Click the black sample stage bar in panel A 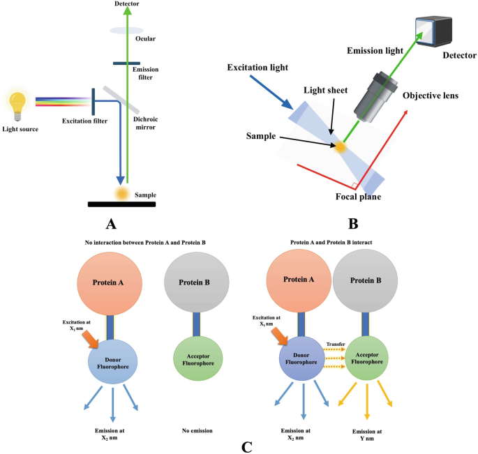(121, 204)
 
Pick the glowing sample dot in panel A (122, 192)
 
